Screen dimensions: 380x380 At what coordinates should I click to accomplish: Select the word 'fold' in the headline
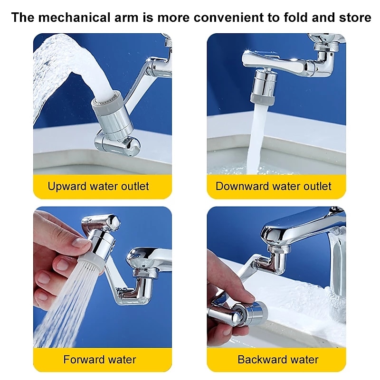[295, 18]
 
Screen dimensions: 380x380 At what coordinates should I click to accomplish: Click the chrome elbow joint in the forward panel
[143, 288]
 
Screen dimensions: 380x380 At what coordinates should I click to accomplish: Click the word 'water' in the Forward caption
[122, 360]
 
